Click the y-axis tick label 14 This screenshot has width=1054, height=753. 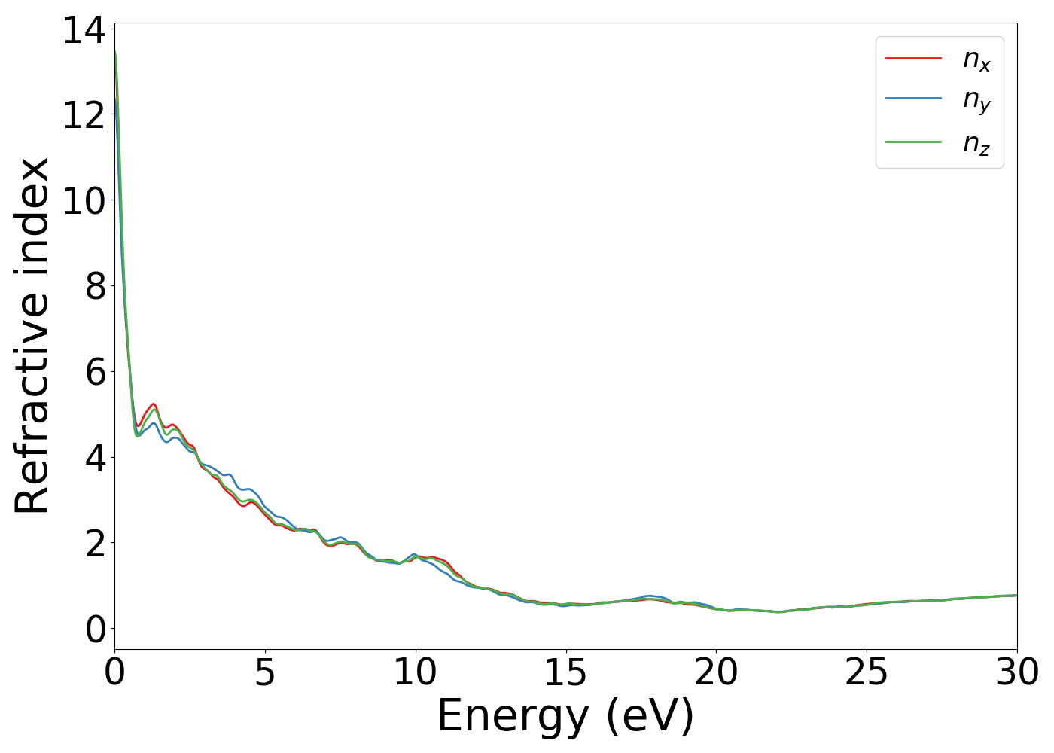tap(84, 31)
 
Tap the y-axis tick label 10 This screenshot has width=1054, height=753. tap(84, 201)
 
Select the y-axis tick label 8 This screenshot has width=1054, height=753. tap(95, 287)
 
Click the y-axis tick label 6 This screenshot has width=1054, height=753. tap(95, 372)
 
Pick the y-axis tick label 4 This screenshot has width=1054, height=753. tap(95, 458)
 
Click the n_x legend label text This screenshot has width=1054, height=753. tap(976, 59)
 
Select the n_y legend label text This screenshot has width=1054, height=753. tap(976, 102)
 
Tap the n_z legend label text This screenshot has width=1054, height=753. tap(976, 144)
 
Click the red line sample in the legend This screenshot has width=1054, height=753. tap(913, 57)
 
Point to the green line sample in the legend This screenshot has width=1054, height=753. tap(913, 142)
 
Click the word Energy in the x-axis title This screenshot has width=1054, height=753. tap(513, 717)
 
